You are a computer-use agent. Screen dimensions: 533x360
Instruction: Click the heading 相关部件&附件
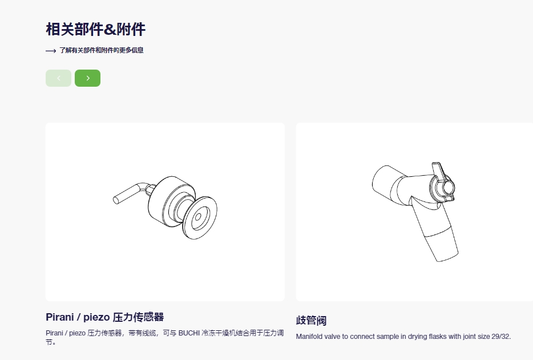pyautogui.click(x=95, y=29)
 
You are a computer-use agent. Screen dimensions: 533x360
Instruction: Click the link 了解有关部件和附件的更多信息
pyautogui.click(x=102, y=50)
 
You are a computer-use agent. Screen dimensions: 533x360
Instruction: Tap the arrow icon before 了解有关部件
pyautogui.click(x=51, y=51)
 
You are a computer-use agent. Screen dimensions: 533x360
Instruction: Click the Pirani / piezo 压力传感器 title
pyautogui.click(x=104, y=317)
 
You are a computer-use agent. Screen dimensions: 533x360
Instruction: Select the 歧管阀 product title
pyautogui.click(x=311, y=320)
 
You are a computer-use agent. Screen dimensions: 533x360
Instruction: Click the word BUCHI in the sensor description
pyautogui.click(x=189, y=333)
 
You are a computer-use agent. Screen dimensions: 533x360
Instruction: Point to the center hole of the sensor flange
pyautogui.click(x=198, y=217)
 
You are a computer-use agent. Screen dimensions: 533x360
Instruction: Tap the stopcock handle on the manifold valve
pyautogui.click(x=443, y=184)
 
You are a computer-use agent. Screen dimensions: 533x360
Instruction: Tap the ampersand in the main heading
pyautogui.click(x=110, y=30)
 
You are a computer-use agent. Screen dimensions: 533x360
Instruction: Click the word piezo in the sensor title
pyautogui.click(x=96, y=318)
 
